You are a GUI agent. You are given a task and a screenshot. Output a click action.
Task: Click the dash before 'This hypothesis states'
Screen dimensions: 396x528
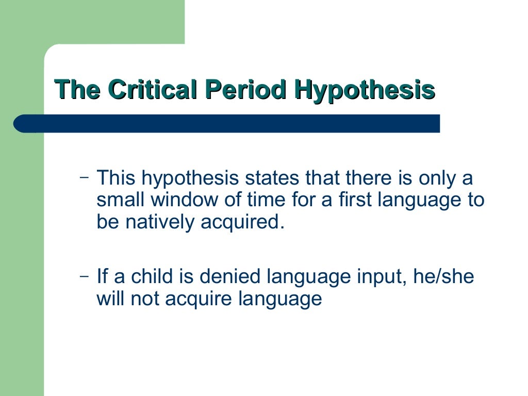pos(84,177)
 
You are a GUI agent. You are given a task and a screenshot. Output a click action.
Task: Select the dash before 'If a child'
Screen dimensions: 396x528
pos(84,275)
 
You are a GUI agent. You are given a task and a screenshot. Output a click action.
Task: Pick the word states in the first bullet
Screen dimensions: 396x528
pos(271,178)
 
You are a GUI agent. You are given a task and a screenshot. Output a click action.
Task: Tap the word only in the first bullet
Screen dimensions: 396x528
pos(438,178)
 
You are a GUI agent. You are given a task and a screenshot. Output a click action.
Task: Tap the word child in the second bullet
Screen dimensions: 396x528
pos(151,277)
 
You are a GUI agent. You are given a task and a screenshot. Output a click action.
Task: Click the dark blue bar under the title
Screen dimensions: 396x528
pos(227,124)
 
